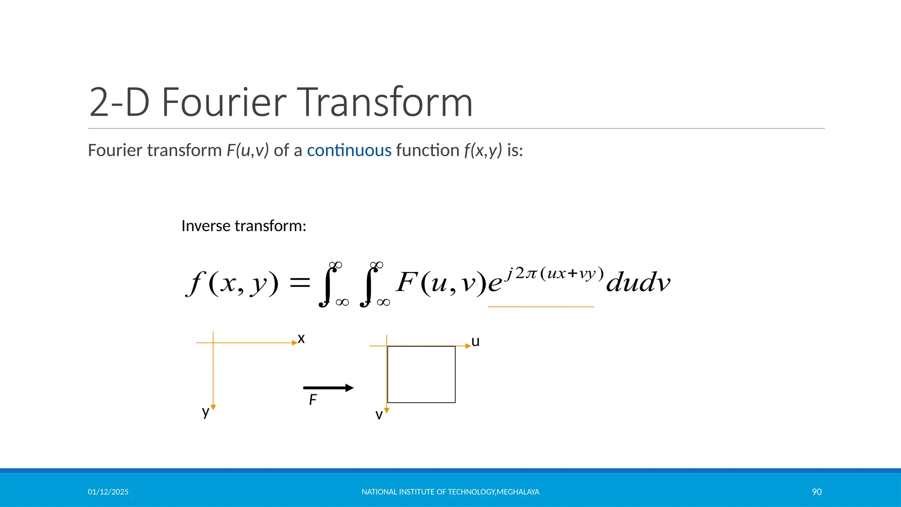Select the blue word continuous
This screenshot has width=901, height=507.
(349, 151)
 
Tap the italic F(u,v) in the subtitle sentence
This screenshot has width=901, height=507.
(247, 151)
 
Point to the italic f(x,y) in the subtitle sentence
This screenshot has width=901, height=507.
(483, 151)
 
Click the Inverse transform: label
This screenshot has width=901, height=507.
(243, 226)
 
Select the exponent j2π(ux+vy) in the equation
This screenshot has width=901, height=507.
(555, 273)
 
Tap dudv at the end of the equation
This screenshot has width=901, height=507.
(638, 282)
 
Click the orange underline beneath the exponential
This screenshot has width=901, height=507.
(541, 306)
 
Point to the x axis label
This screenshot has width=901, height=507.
(301, 338)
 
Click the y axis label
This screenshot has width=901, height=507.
(205, 412)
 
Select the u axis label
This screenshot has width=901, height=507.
(475, 342)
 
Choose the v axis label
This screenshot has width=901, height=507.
(379, 415)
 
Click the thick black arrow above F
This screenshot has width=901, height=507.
(328, 388)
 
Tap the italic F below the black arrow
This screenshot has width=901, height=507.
(313, 400)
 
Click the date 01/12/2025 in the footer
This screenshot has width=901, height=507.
(108, 492)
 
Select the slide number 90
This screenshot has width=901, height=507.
(817, 492)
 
